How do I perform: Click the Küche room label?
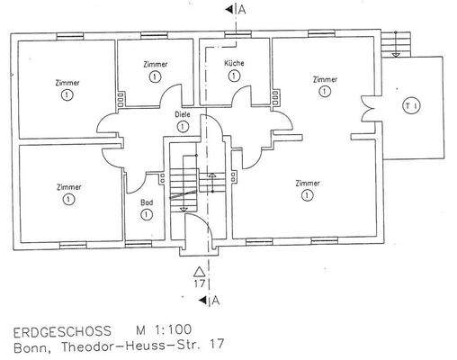(235, 63)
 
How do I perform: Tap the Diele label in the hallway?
(183, 114)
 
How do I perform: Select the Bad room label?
(147, 202)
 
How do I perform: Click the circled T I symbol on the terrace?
(411, 105)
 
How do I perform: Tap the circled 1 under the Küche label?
(235, 76)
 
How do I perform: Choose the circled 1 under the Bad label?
(147, 215)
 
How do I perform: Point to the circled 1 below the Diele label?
(183, 127)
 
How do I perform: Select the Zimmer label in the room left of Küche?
(156, 64)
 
